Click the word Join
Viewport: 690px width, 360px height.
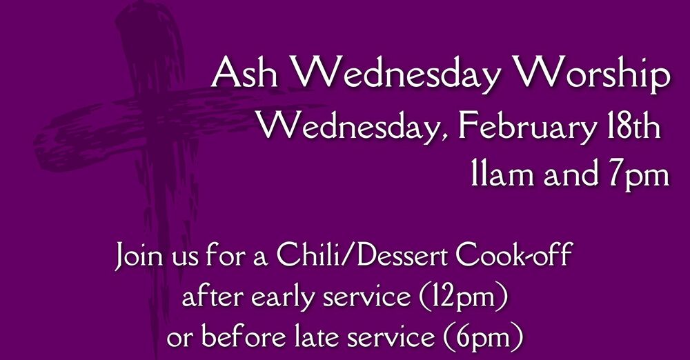click(x=141, y=258)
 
